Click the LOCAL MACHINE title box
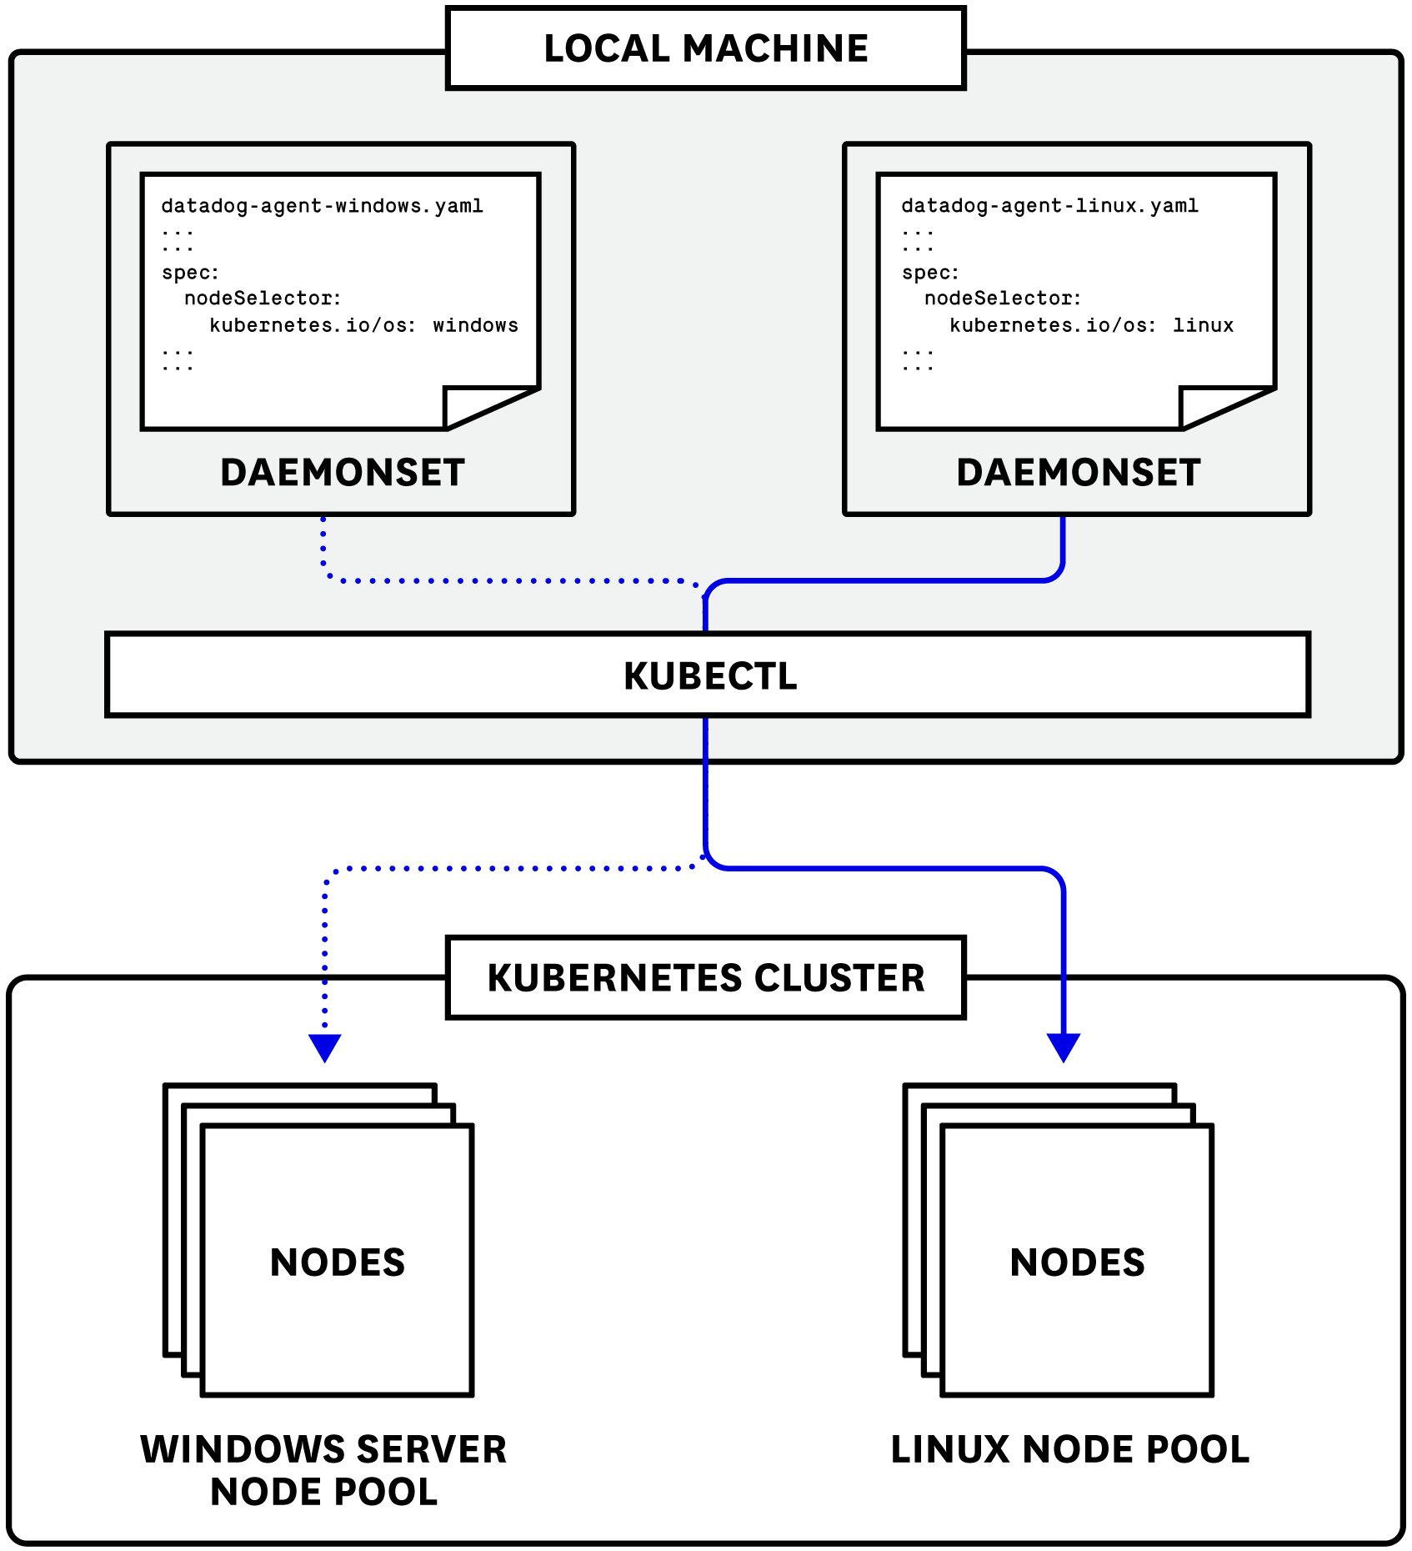click(x=705, y=48)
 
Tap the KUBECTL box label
click(x=709, y=675)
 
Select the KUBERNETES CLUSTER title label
click(x=705, y=978)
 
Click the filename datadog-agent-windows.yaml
click(x=322, y=206)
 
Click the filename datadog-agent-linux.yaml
click(x=1049, y=206)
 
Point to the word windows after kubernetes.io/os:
click(x=475, y=325)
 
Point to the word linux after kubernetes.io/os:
click(x=1203, y=325)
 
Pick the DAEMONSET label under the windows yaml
click(x=342, y=473)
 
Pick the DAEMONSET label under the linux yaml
click(x=1078, y=473)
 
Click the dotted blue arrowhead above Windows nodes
click(x=325, y=1046)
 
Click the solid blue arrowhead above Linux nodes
click(x=1064, y=1046)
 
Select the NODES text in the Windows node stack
click(x=338, y=1262)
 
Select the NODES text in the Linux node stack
click(x=1077, y=1262)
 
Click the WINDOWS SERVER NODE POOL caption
click(x=323, y=1470)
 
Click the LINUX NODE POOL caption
click(x=1069, y=1449)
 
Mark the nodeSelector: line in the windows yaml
click(x=263, y=299)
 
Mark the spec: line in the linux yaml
click(x=930, y=273)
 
